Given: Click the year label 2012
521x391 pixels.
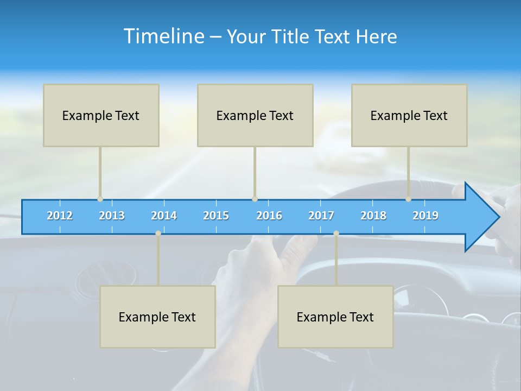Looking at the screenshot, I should coord(60,216).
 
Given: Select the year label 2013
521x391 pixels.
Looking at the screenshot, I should coord(112,216).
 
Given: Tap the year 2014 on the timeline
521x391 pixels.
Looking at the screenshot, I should coord(164,216).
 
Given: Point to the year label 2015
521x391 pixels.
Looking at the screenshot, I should coord(216,216).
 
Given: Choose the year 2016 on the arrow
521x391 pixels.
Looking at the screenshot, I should coord(269,216).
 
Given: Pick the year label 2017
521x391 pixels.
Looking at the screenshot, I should coord(321,216).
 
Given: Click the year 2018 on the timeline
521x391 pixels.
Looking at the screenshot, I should coord(373,216).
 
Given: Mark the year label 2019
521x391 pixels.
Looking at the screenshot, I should coord(425,216).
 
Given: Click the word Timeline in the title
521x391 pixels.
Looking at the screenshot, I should coord(162,36).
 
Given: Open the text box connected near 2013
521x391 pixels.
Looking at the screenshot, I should coord(101,115).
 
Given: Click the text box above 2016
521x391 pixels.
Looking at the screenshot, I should coord(255,115).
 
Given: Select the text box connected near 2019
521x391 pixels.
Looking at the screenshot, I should coord(409,115).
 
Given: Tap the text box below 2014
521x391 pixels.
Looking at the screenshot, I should coord(157,317).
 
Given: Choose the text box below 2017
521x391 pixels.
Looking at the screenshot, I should coord(335,317).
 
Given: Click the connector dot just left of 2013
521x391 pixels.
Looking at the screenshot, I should coord(100,199).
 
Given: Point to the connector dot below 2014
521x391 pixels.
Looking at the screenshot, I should coord(158,234).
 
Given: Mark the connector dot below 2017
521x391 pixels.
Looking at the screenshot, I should coord(336,234).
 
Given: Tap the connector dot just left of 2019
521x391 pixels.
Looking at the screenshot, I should coord(408,199).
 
